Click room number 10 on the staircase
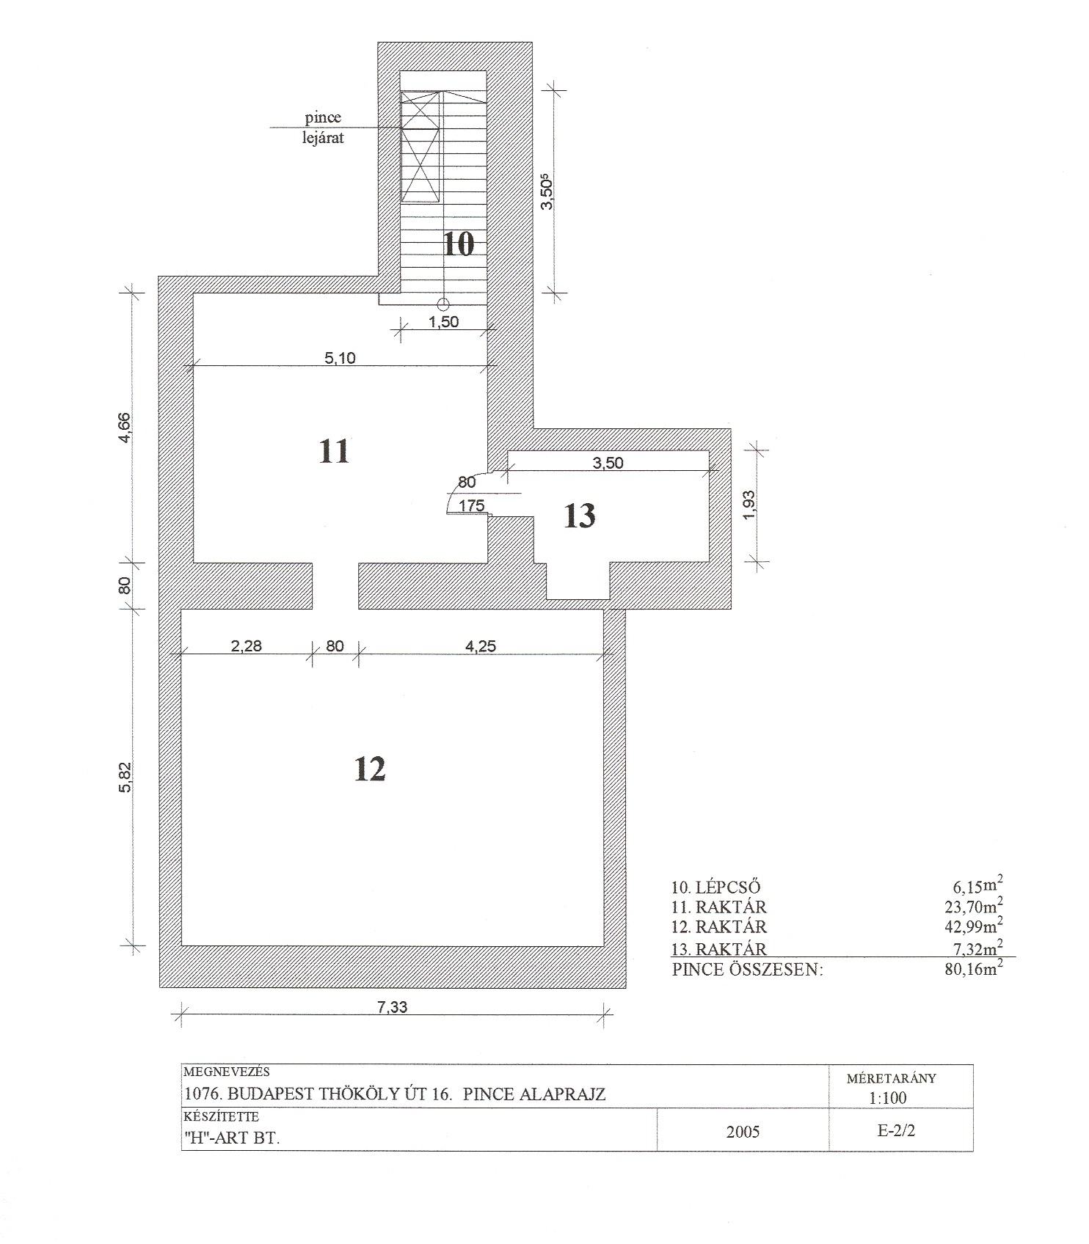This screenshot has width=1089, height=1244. pyautogui.click(x=459, y=244)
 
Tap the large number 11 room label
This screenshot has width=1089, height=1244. pyautogui.click(x=334, y=452)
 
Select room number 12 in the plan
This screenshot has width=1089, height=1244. pyautogui.click(x=369, y=769)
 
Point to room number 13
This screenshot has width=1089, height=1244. pyautogui.click(x=580, y=516)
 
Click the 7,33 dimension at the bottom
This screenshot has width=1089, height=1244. pyautogui.click(x=392, y=1007)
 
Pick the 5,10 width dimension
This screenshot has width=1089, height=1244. pyautogui.click(x=340, y=358)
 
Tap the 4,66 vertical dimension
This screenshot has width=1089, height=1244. pyautogui.click(x=125, y=428)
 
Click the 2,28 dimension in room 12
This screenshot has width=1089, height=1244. pyautogui.click(x=247, y=646)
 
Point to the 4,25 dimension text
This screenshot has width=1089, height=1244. pyautogui.click(x=481, y=646)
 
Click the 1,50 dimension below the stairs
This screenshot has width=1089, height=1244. pyautogui.click(x=444, y=321)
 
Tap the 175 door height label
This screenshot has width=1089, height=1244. pyautogui.click(x=471, y=505)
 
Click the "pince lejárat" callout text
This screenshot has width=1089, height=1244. pyautogui.click(x=324, y=128)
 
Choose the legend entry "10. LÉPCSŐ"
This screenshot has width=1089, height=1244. pyautogui.click(x=716, y=887)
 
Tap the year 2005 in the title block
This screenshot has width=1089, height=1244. pyautogui.click(x=743, y=1132)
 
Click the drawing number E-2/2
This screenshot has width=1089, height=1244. pyautogui.click(x=896, y=1130)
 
